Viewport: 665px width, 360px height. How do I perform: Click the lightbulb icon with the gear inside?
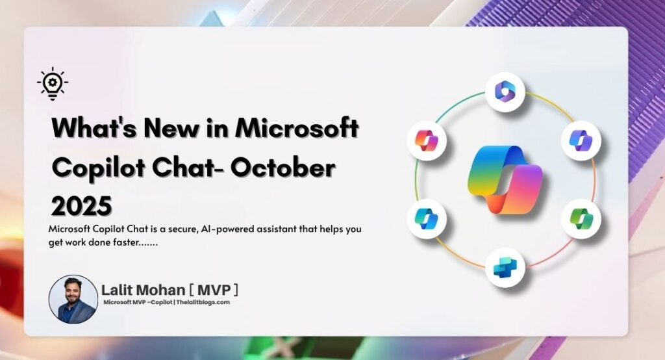tap(53, 84)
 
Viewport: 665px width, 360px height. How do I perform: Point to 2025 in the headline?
tap(82, 205)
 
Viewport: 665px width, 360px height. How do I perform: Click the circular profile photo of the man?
tap(73, 299)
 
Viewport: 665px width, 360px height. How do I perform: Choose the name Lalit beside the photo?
tap(119, 289)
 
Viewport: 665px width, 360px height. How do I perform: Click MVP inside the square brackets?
tap(213, 289)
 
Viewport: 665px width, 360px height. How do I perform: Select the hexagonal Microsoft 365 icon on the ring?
tap(505, 92)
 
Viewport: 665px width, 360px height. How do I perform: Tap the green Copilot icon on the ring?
tap(581, 218)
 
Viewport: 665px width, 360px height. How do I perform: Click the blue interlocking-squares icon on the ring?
tap(505, 266)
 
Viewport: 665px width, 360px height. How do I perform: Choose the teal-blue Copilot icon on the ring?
tap(427, 219)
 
